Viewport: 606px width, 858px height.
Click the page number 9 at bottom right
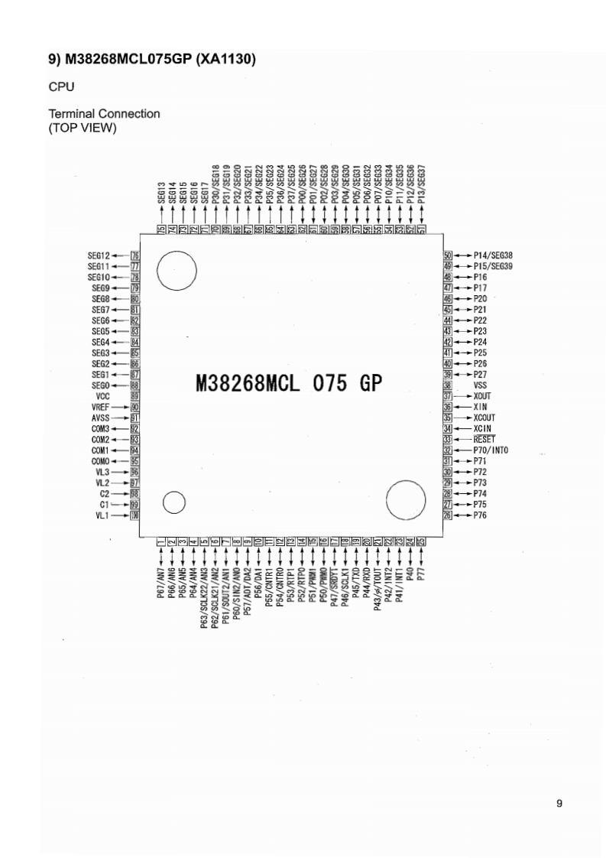(x=559, y=802)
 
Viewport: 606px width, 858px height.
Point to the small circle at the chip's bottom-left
(x=175, y=502)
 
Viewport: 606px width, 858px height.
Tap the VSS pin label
(x=480, y=385)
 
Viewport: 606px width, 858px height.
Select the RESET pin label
(x=484, y=440)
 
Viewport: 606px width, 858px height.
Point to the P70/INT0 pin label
(x=491, y=450)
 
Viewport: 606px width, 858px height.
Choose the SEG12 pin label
(x=100, y=255)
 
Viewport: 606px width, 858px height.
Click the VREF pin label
(x=102, y=408)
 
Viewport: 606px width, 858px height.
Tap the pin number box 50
(x=448, y=255)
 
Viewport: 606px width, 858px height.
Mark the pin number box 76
(x=135, y=255)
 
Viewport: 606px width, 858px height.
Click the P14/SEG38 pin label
(x=493, y=255)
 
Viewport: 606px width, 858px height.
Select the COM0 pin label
(x=101, y=462)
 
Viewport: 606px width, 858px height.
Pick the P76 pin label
(x=480, y=515)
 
